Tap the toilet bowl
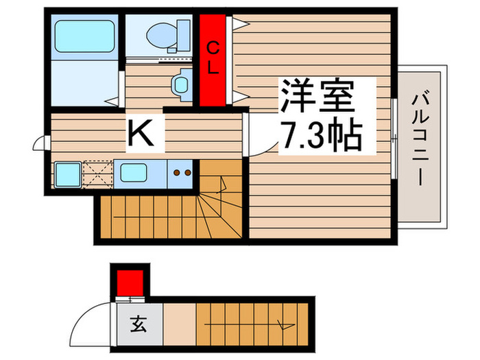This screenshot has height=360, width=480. (163, 34)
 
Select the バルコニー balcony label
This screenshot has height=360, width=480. (421, 141)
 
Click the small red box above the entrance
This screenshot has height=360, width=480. (130, 282)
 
